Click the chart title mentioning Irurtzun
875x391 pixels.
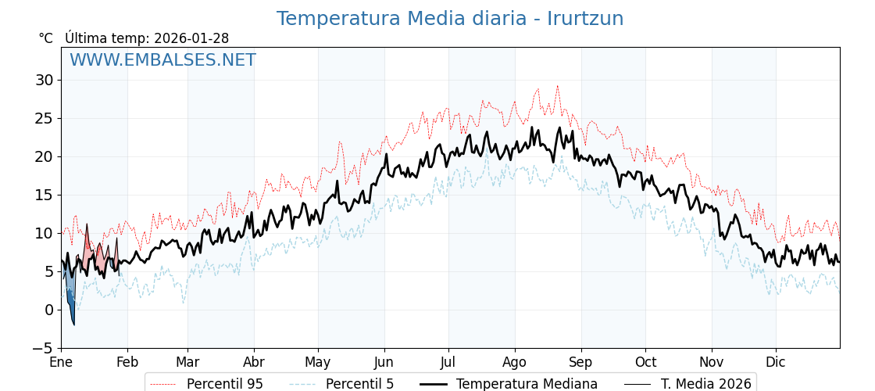450,19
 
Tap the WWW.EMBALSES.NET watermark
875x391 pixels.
162,60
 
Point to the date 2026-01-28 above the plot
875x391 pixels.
191,38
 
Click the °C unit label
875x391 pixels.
46,38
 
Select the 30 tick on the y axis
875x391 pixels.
45,80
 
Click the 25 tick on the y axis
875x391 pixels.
45,118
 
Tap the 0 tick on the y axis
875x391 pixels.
48,310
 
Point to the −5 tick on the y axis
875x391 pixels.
45,348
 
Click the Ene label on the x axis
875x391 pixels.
61,363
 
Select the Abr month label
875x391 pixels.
254,363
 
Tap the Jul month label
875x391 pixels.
448,363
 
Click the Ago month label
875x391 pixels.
515,363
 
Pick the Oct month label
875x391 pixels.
645,363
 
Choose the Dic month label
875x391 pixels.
776,363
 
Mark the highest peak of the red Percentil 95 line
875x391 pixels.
557,86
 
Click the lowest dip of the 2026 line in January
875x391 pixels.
74,325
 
